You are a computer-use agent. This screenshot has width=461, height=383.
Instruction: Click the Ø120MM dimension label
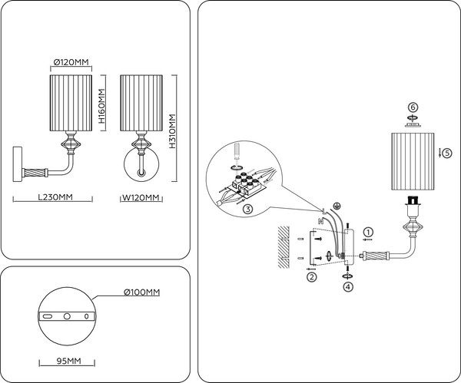coord(71,62)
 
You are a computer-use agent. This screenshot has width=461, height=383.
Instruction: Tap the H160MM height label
coord(101,106)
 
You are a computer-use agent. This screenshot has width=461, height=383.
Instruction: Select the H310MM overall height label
coord(172,131)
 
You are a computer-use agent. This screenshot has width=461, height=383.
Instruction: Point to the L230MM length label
coord(55,196)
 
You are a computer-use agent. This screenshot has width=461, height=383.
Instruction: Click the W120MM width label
coord(141,197)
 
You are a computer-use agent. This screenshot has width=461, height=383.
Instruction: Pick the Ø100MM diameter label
coord(142,292)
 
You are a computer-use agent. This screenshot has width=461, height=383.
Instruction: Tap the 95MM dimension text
coord(68,361)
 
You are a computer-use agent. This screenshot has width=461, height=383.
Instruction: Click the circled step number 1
coord(368,232)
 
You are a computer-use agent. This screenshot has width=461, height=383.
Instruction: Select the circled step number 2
coord(312,276)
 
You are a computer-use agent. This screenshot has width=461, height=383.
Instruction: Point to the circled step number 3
coord(248,209)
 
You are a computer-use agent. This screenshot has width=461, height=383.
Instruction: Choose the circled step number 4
coord(348,286)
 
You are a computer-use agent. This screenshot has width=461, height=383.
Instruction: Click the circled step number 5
coord(447,153)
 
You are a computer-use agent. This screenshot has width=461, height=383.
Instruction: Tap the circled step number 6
coord(413,107)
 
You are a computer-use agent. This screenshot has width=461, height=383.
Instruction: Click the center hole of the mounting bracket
coord(67,316)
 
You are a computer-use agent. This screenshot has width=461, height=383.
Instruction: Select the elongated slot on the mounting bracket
coord(47,316)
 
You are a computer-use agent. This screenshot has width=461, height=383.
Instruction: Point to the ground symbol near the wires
coord(337,206)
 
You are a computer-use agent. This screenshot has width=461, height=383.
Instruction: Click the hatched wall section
coord(284,247)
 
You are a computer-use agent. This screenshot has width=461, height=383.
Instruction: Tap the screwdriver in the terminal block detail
coord(236,154)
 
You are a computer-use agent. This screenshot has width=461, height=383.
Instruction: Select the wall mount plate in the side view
coord(18,164)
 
